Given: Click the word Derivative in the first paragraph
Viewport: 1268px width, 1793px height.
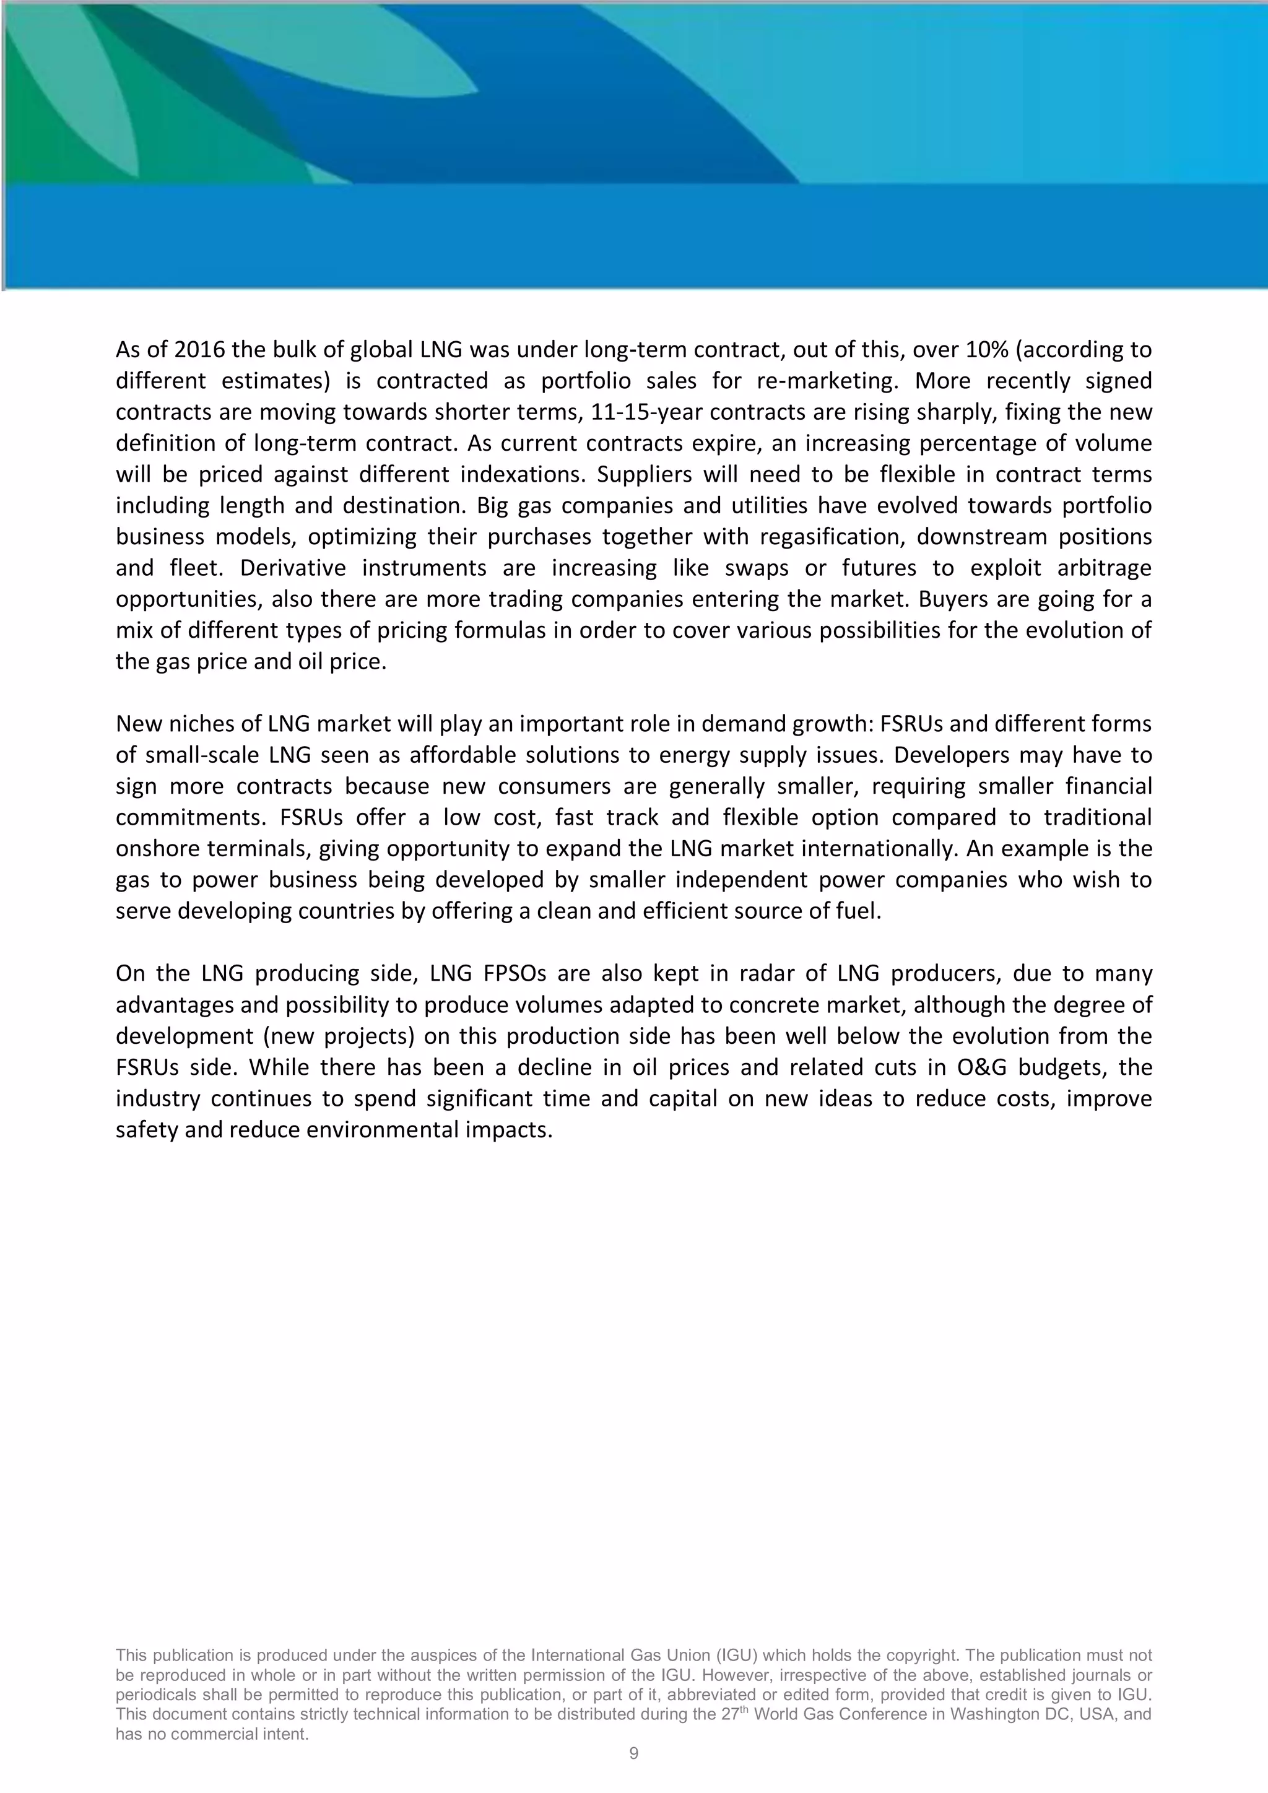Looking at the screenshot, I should point(287,568).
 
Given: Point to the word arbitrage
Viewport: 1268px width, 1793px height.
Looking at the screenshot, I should point(1104,568).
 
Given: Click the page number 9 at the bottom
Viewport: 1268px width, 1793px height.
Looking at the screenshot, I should point(633,1753).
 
